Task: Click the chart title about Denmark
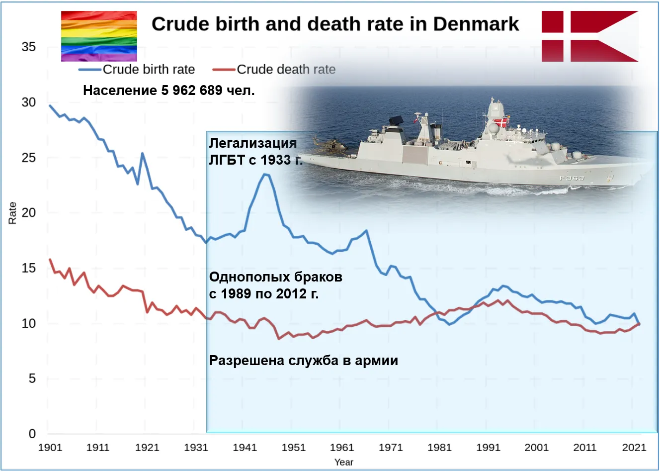335,24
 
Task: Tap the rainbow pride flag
99,36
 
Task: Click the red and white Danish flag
589,36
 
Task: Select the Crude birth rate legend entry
148,70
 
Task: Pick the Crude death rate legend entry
285,70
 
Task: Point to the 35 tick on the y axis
29,47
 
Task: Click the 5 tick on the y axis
32,378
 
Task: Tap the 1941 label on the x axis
245,447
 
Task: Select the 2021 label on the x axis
634,447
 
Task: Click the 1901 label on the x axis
50,447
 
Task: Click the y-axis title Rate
12,213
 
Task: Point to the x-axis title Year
343,462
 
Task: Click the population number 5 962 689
192,91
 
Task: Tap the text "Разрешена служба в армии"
303,360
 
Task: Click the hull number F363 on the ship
572,178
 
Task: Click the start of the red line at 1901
50,260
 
